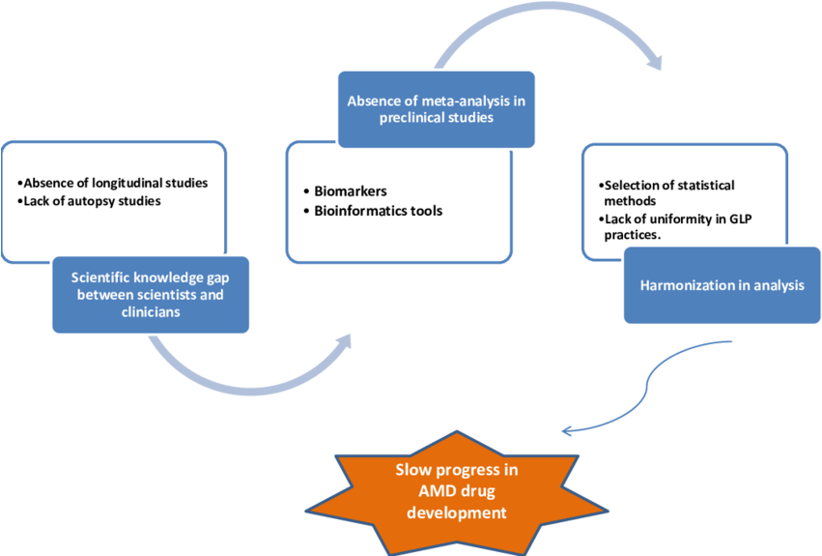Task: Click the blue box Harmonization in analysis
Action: tap(722, 285)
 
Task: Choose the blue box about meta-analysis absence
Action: tap(435, 108)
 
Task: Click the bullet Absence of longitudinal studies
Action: tap(114, 183)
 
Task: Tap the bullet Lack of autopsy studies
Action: tap(90, 201)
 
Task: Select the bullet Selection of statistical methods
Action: tap(667, 192)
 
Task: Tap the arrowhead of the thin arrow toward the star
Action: tap(566, 430)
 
